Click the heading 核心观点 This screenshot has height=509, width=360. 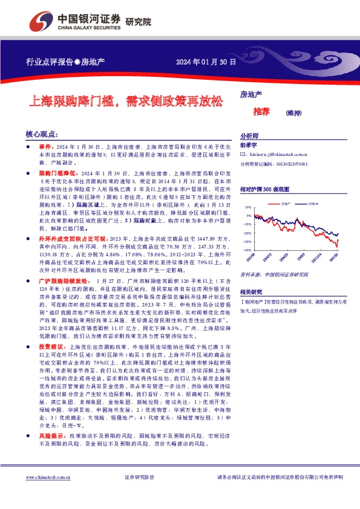(x=42, y=134)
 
